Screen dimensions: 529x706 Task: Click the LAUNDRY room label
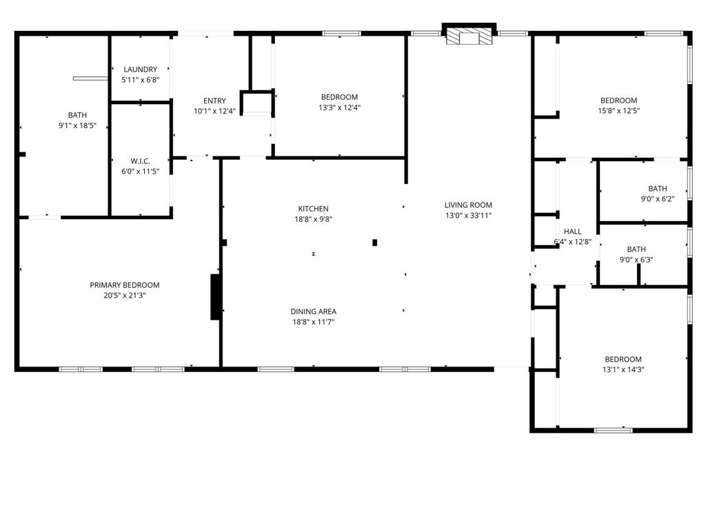(x=141, y=70)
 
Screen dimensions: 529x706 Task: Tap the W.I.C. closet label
(x=141, y=160)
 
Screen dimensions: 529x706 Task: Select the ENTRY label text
(x=214, y=101)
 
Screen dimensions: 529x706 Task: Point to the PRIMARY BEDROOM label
(x=125, y=285)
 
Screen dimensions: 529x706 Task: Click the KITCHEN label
(x=313, y=209)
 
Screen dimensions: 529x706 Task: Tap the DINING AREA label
(x=313, y=311)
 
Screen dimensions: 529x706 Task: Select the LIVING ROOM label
(x=468, y=205)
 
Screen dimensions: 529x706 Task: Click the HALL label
(x=572, y=231)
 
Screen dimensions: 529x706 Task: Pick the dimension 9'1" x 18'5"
(x=77, y=126)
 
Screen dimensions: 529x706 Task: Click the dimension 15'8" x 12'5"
(x=618, y=111)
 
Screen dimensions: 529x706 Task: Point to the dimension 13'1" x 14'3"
(x=623, y=370)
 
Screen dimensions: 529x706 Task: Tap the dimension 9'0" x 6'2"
(x=657, y=199)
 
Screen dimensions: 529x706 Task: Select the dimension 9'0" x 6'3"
(x=636, y=260)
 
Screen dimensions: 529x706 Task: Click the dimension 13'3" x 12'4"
(x=339, y=107)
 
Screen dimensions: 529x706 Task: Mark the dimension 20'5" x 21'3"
(x=125, y=295)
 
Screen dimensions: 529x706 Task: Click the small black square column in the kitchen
(x=375, y=242)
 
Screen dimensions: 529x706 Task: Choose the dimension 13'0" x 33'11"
(x=468, y=215)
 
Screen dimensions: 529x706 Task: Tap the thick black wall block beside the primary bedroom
(x=216, y=297)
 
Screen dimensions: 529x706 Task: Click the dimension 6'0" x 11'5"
(x=141, y=171)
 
